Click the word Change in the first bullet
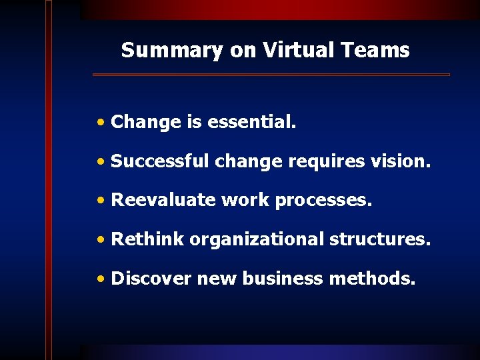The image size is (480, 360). point(146,122)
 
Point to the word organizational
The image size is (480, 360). point(257,240)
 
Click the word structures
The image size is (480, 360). point(380,239)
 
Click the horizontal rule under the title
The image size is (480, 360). point(271,75)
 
